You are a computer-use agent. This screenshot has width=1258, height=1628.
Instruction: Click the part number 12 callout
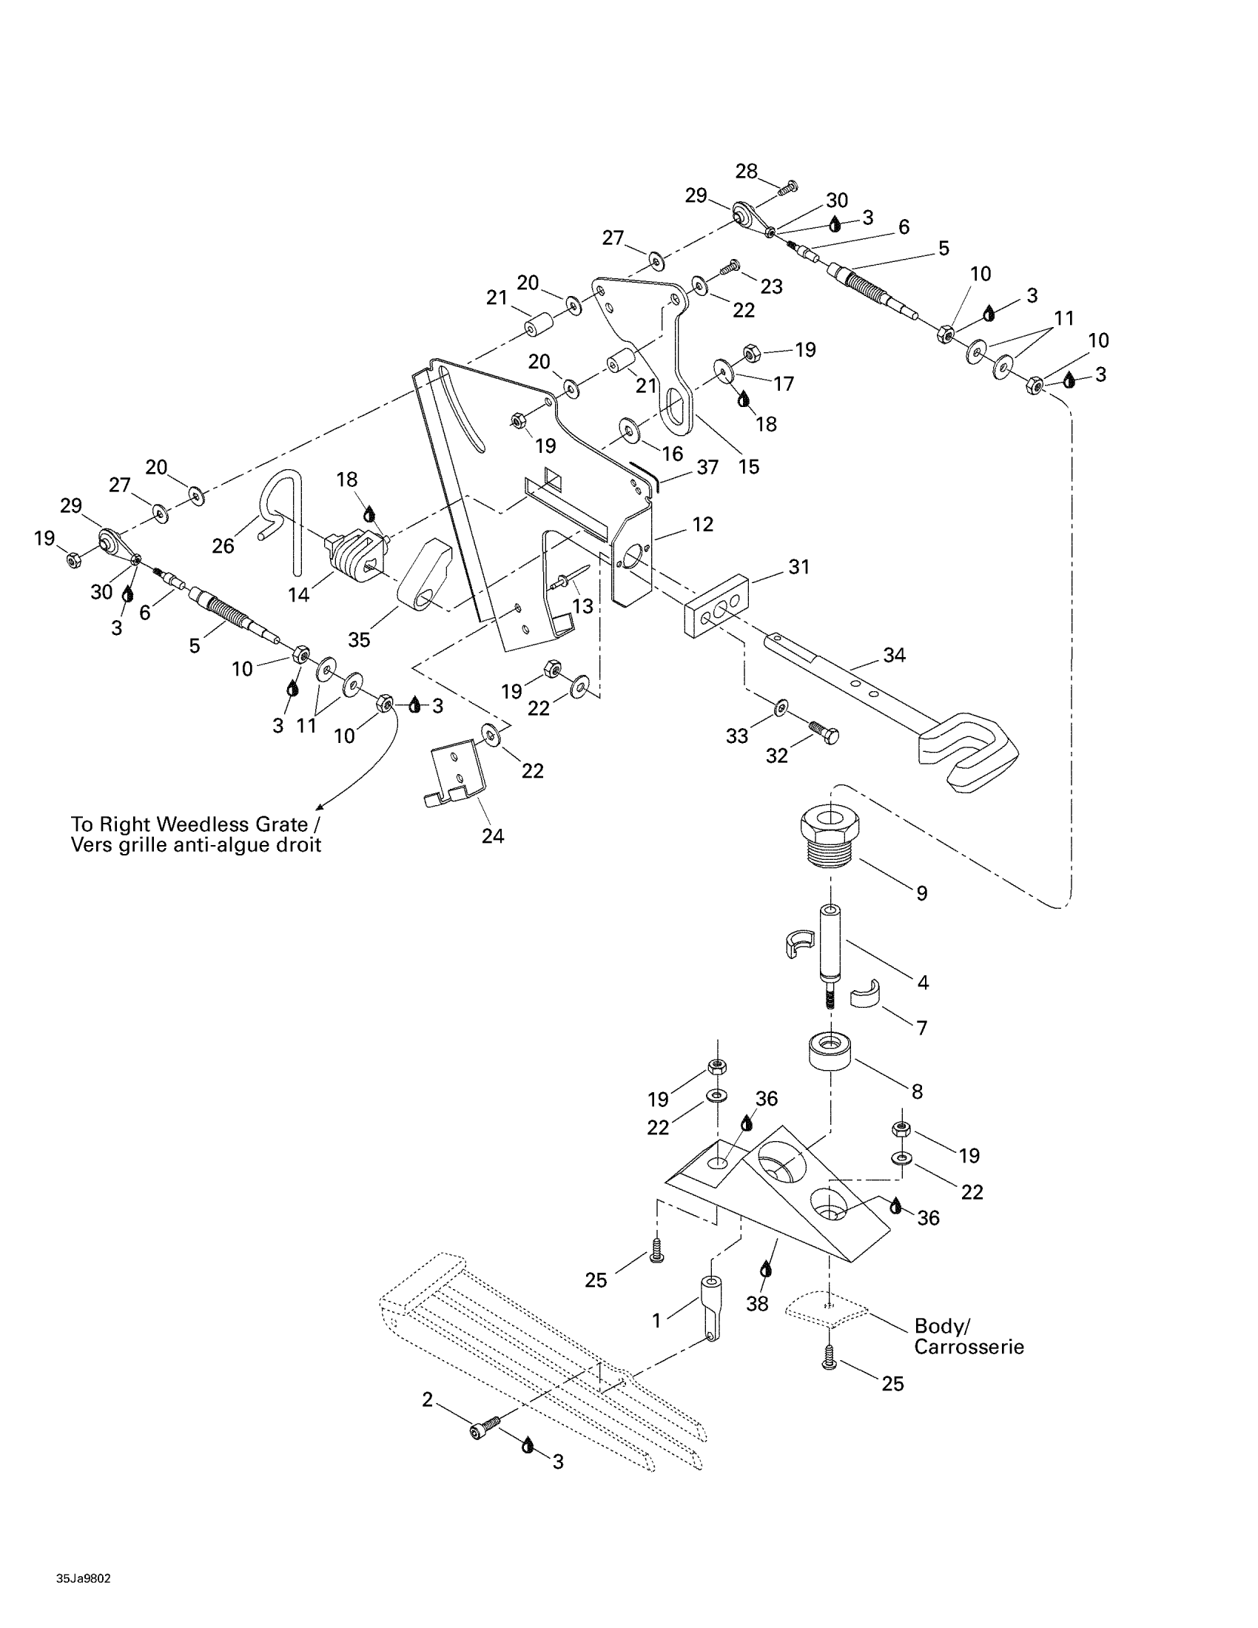702,525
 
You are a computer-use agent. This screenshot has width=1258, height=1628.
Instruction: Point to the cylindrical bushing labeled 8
830,1050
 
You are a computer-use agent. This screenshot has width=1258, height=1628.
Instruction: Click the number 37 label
707,468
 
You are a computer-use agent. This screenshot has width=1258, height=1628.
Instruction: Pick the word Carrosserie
969,1347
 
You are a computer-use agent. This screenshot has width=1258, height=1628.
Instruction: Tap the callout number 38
756,1305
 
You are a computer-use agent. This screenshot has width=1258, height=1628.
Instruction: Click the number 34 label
895,655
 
